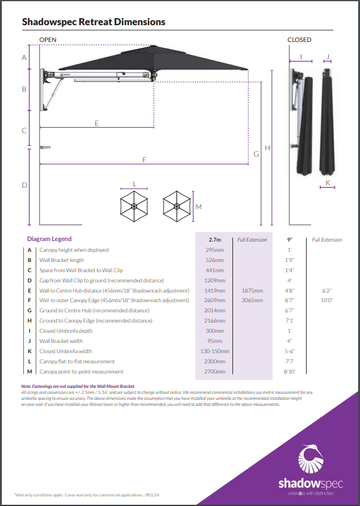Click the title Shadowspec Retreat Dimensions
tap(93, 22)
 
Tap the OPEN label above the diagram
tap(48, 40)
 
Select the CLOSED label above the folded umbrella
tap(300, 40)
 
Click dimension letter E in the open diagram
tap(96, 123)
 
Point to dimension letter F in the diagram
tap(144, 159)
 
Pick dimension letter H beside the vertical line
tap(267, 148)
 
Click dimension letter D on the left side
tap(25, 185)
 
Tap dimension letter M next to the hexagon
tap(199, 207)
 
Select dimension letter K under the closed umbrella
tap(328, 182)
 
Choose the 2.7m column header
tap(214, 239)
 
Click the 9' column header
tap(289, 239)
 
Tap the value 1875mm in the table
tap(252, 290)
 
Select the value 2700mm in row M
tap(214, 372)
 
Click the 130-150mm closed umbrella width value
tap(214, 351)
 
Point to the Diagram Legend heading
tap(49, 239)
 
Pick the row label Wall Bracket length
tap(62, 260)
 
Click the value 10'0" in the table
tap(326, 300)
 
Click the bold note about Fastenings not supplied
tap(78, 386)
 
